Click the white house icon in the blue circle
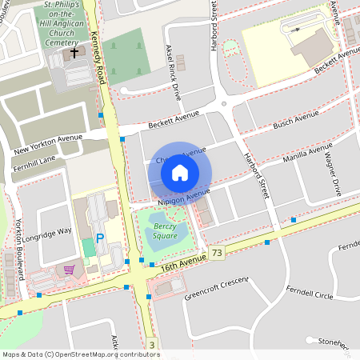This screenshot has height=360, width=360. pos(180,172)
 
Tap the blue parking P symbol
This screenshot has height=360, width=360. pos(100,238)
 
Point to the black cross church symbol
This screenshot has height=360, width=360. pos(74,54)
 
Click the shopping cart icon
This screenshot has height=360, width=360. pos(70,270)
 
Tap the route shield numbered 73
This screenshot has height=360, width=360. pos(216,253)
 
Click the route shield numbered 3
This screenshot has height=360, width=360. pos(150,345)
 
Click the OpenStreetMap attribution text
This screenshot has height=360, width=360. pos(81,354)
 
